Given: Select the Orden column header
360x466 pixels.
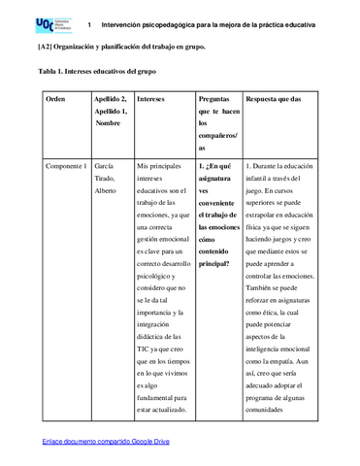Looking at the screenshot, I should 56,99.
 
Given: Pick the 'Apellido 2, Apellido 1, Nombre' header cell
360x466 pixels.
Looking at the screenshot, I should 113,111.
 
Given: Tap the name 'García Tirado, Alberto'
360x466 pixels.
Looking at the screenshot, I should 111,180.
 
